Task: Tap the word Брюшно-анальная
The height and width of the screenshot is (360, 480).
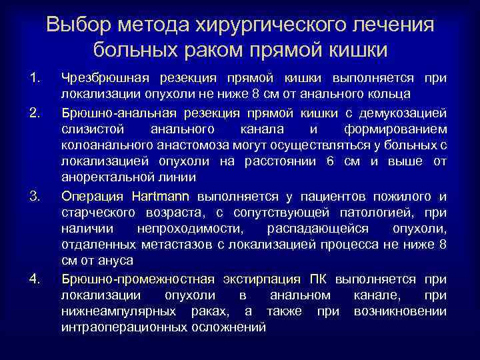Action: (114, 111)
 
